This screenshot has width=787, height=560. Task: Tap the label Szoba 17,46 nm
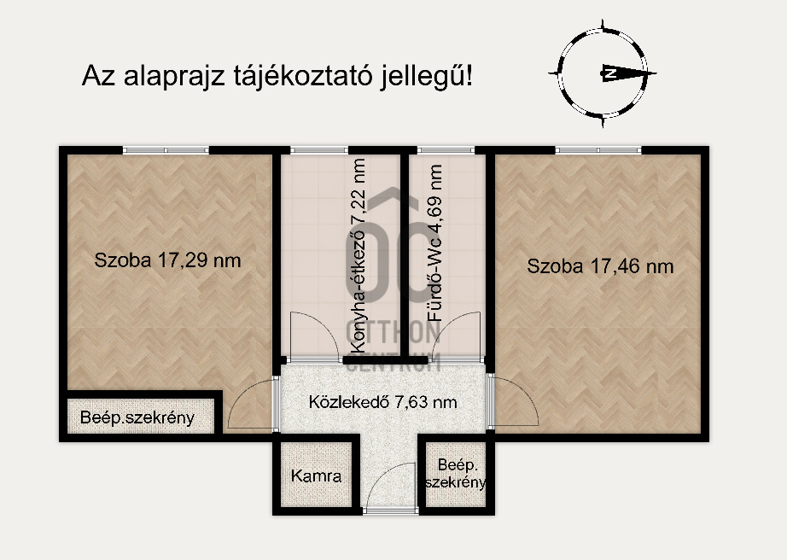pyautogui.click(x=600, y=266)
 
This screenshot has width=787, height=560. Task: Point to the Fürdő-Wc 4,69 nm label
pyautogui.click(x=435, y=254)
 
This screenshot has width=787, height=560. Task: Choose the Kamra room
pyautogui.click(x=316, y=476)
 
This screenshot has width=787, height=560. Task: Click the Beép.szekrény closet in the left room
pyautogui.click(x=137, y=418)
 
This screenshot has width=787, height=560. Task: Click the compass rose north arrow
pyautogui.click(x=608, y=73)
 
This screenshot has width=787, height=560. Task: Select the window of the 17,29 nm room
pyautogui.click(x=166, y=150)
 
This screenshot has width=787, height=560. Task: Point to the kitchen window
pyautogui.click(x=312, y=150)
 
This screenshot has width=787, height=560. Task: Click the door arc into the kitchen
pyautogui.click(x=307, y=335)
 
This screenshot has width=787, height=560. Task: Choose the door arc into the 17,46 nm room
pyautogui.click(x=516, y=401)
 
